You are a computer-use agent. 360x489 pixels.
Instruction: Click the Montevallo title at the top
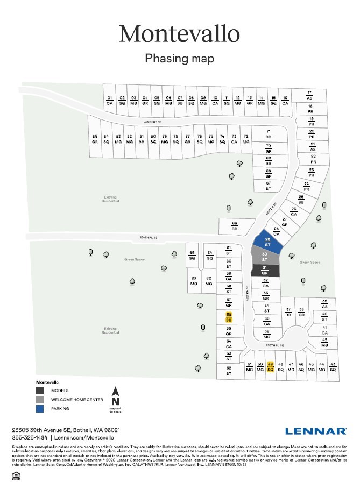pos(180,33)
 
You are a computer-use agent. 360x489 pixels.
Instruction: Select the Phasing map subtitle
pos(180,58)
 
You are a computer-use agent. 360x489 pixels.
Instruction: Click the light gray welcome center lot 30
pos(264,257)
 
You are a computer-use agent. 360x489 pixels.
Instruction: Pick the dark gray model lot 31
pos(264,270)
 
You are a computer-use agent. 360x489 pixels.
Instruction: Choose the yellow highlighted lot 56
pos(229,317)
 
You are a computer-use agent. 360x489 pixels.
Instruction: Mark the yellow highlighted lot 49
pos(271,367)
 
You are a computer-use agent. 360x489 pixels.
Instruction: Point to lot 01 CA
pos(109,100)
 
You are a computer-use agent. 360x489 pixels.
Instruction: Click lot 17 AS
pos(309,95)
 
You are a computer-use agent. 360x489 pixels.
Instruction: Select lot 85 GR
pos(95,138)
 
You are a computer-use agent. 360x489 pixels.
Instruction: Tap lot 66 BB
pos(235,226)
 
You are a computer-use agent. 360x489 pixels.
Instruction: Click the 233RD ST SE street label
pos(152,122)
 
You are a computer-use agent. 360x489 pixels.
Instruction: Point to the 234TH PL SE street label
pos(148,237)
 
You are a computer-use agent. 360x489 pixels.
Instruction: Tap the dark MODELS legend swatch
pos(40,391)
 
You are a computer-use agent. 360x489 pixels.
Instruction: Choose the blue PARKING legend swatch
pos(40,409)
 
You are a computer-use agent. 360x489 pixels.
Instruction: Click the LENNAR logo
pos(316,431)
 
